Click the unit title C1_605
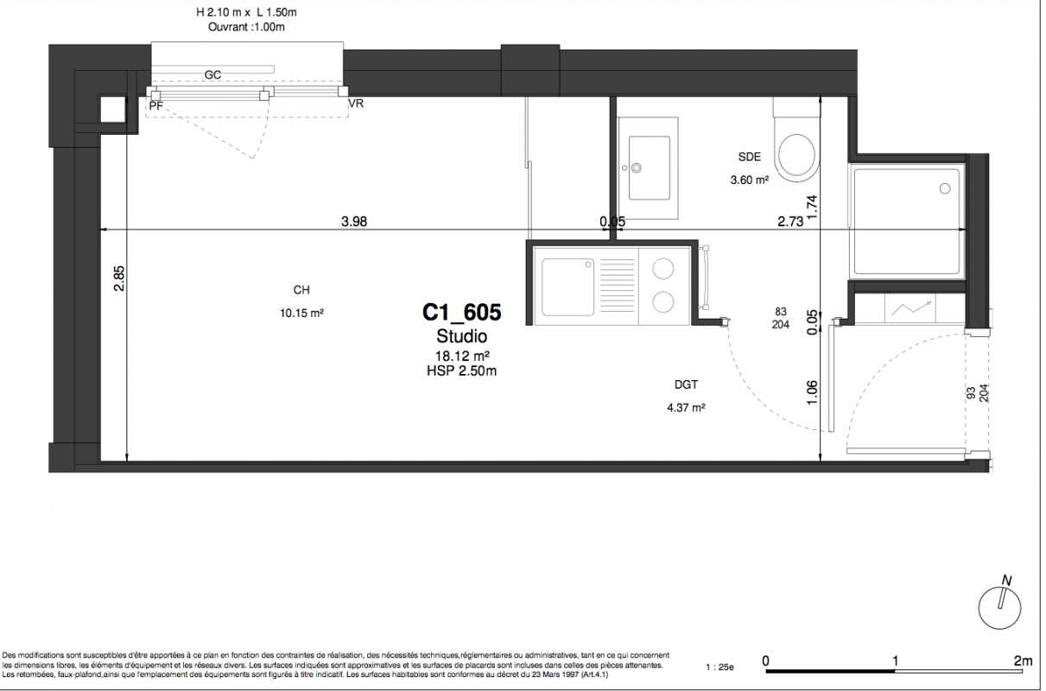pos(461,313)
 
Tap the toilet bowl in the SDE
pos(796,155)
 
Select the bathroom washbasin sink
pos(649,168)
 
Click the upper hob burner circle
pos(663,269)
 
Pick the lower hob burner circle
pos(663,301)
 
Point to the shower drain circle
pos(945,188)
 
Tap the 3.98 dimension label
pos(354,221)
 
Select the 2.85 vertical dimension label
pos(119,278)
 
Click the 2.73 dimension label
pos(790,221)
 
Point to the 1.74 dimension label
pos(812,208)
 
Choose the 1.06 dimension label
pos(812,393)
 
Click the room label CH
pos(301,290)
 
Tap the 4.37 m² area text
pos(686,408)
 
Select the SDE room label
pos(750,157)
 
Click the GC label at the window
pos(212,74)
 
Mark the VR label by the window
pos(356,103)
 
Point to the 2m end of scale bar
pos(1024,661)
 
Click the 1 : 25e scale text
pos(720,667)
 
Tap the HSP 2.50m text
pos(461,371)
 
